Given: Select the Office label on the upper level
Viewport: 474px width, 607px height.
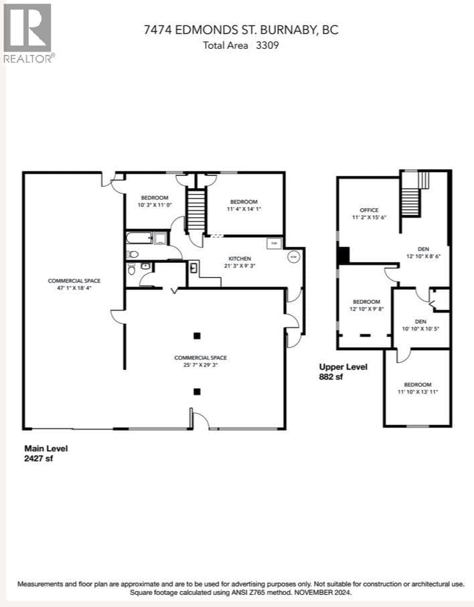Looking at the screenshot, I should click(x=369, y=210).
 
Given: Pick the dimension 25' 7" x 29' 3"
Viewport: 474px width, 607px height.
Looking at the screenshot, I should click(x=196, y=365).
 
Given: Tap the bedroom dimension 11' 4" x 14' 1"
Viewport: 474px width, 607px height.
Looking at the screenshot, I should click(x=244, y=209).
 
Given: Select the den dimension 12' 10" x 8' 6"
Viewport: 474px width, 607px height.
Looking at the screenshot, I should click(x=424, y=256).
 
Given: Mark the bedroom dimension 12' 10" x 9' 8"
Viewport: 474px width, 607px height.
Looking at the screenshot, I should click(x=366, y=309).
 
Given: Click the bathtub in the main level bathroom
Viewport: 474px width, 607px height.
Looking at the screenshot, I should click(x=139, y=238).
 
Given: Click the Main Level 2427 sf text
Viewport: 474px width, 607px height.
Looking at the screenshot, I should click(x=46, y=453).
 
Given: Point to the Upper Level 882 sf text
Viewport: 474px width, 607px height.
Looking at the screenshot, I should click(x=343, y=371).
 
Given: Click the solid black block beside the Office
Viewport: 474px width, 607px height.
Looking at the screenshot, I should click(x=343, y=255).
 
